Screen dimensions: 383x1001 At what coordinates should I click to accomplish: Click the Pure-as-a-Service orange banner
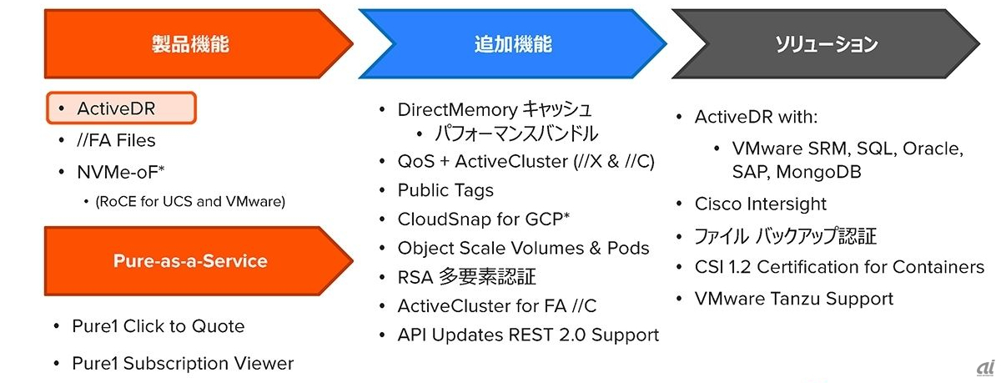[190, 261]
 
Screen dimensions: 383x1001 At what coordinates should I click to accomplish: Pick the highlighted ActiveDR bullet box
[122, 108]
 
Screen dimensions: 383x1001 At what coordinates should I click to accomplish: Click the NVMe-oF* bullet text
[121, 172]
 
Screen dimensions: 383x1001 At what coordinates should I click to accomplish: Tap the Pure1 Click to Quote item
[158, 326]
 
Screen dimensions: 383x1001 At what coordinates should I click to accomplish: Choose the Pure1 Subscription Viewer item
[183, 363]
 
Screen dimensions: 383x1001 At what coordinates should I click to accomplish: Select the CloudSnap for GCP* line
[484, 219]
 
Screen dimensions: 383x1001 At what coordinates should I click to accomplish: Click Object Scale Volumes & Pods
[523, 248]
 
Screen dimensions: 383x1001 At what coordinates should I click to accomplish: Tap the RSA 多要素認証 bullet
[466, 277]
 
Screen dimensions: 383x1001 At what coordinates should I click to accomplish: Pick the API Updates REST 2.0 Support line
[528, 335]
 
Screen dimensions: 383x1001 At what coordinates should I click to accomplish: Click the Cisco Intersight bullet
[761, 204]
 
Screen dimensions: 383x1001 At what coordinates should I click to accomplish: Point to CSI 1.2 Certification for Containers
[839, 267]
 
